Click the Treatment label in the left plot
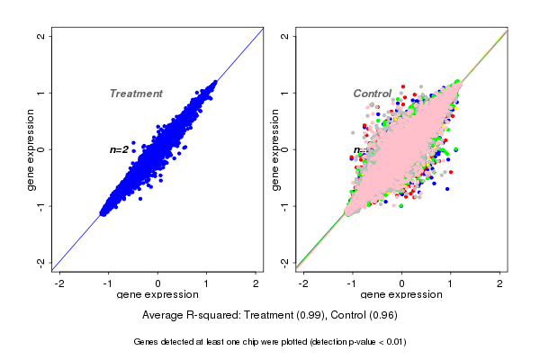click(136, 94)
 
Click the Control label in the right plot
click(372, 94)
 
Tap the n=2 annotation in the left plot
click(119, 149)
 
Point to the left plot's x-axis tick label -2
click(59, 283)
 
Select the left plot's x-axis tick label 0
click(158, 283)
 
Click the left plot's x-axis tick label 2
click(256, 283)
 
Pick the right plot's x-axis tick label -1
click(353, 283)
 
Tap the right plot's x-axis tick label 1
click(452, 283)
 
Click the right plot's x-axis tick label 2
click(500, 283)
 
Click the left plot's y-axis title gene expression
click(31, 149)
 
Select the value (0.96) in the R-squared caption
click(379, 316)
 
